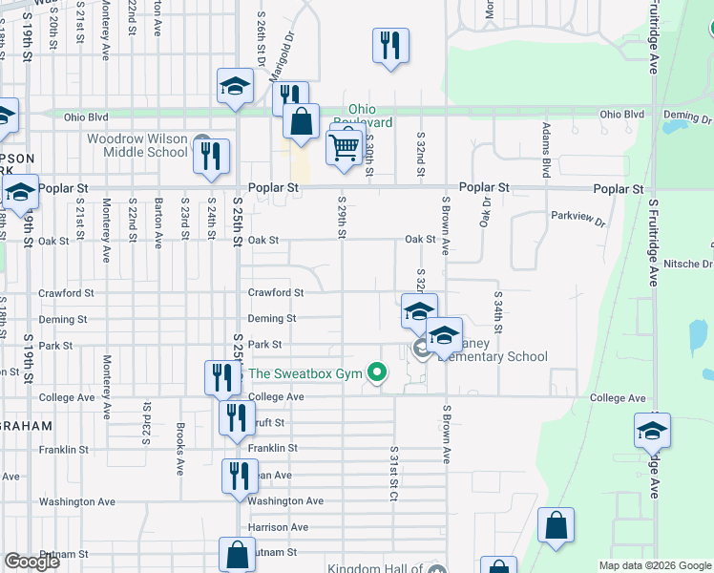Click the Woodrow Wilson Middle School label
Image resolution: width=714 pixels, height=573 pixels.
pos(136,145)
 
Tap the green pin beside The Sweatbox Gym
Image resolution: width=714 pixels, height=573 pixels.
pos(378,373)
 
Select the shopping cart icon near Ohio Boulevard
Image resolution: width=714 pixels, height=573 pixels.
pos(344,147)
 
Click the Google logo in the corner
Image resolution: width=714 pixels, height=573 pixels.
pos(31,562)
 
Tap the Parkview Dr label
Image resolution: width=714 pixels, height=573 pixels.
pos(578,216)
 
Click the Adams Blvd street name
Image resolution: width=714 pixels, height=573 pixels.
pos(546,150)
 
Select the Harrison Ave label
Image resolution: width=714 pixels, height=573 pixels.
pos(278,527)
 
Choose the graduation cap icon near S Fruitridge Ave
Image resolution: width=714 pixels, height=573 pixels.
pos(652,432)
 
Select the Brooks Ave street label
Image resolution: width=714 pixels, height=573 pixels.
pos(180,449)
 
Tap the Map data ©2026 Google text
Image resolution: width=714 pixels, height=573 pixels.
pos(655,565)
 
